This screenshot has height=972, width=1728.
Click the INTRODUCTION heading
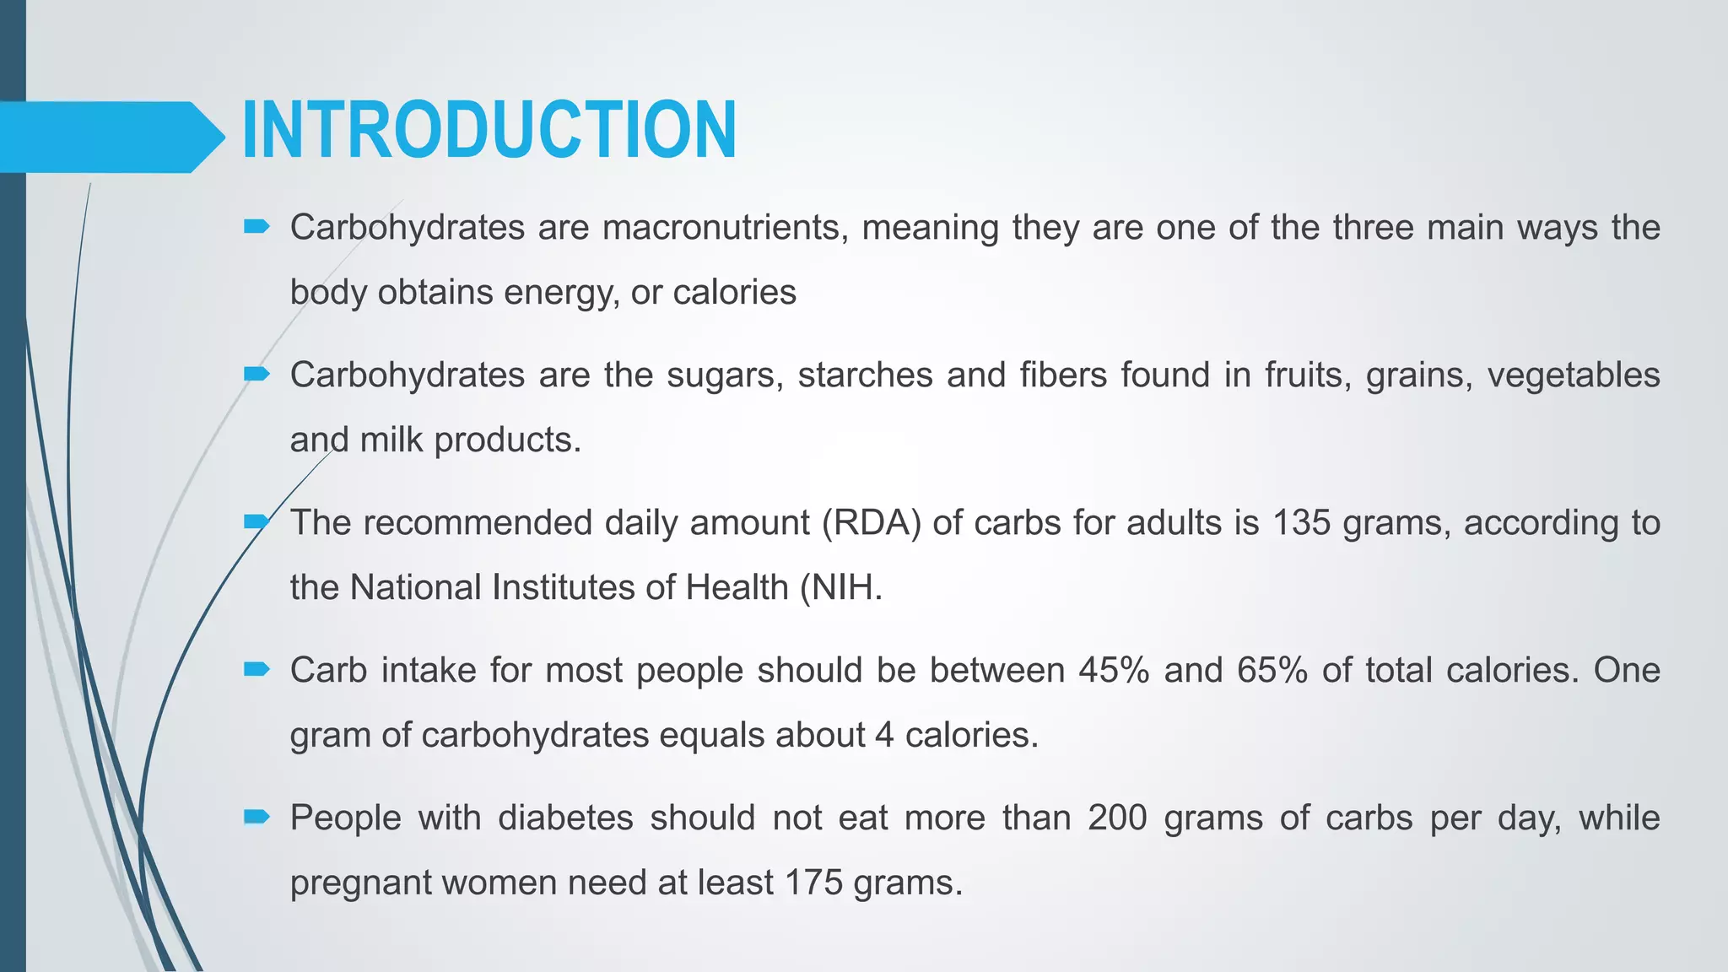point(489,130)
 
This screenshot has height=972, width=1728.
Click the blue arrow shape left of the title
point(110,137)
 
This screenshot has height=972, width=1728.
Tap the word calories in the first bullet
point(734,293)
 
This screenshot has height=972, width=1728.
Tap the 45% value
point(1114,671)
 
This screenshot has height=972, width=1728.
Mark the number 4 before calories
point(883,735)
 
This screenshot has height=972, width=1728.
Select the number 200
point(1117,818)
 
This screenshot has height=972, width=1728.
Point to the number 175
point(813,883)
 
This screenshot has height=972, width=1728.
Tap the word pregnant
point(359,883)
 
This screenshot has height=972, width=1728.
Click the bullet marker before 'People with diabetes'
point(256,817)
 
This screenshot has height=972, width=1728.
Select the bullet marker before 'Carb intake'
point(256,670)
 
